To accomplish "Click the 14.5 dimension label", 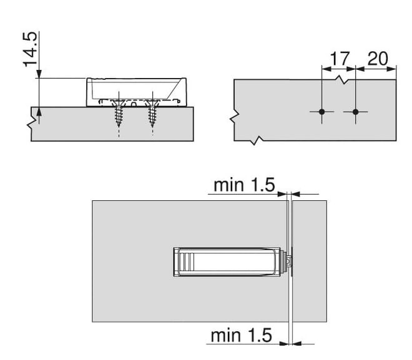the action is [x=30, y=49].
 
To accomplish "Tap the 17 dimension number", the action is [x=340, y=59].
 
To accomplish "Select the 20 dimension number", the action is [x=378, y=59].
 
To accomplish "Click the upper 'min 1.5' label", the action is [x=244, y=185].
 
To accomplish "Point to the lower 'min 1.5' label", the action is [x=241, y=335].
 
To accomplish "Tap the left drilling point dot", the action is [x=322, y=112].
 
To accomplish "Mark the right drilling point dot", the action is [x=356, y=112].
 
